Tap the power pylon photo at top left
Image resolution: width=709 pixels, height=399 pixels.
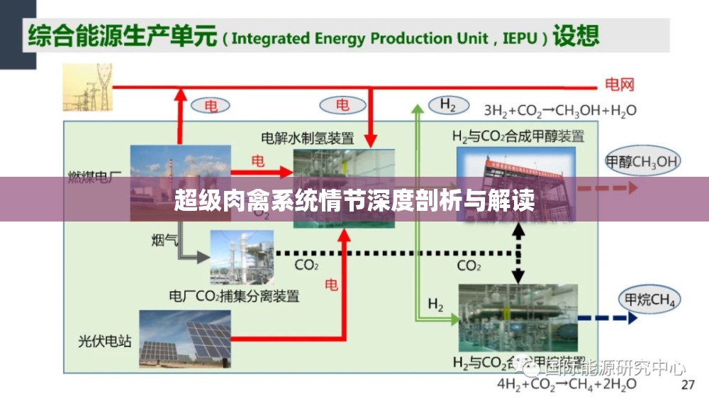tap(87, 87)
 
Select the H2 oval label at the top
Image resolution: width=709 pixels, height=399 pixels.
tap(447, 105)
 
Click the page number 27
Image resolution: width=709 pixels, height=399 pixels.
tap(687, 385)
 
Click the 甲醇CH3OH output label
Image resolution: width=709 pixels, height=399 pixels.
tap(641, 161)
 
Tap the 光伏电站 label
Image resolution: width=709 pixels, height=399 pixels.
tap(105, 341)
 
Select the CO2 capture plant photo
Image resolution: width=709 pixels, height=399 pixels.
tap(241, 257)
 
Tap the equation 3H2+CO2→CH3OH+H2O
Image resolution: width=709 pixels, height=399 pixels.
tap(560, 110)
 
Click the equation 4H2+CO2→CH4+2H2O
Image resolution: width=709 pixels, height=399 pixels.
tap(566, 384)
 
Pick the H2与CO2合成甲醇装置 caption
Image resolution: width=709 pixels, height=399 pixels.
tap(518, 136)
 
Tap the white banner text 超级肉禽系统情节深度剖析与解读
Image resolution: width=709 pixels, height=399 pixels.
tap(354, 201)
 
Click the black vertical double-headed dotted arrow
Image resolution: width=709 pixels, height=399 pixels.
tap(519, 253)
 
